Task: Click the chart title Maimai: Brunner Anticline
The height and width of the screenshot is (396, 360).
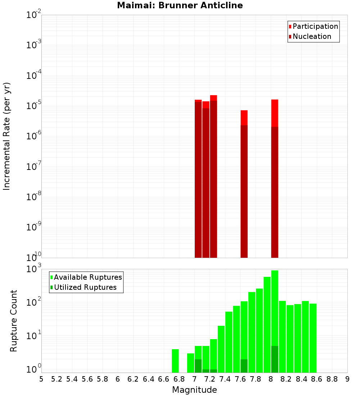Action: click(x=180, y=5)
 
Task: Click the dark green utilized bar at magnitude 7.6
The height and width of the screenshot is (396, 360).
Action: click(x=244, y=366)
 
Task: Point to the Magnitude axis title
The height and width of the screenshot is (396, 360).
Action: click(x=194, y=390)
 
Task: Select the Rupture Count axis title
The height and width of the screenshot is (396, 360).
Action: click(x=14, y=320)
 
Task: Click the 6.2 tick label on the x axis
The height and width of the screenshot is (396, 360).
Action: click(x=133, y=379)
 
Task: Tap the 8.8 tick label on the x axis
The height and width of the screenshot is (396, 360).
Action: click(x=332, y=379)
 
